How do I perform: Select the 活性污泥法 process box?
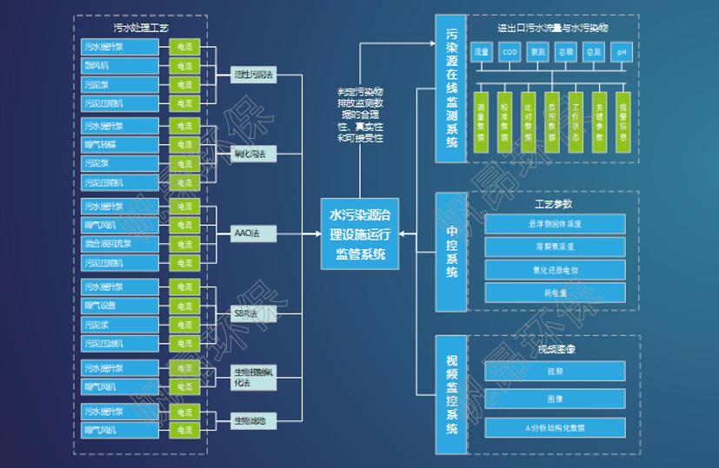[253, 76]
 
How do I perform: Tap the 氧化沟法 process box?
[253, 155]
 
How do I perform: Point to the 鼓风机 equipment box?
[120, 66]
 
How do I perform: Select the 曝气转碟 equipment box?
[120, 144]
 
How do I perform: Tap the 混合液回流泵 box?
[120, 244]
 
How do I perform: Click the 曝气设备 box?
[120, 306]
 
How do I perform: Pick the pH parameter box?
[621, 52]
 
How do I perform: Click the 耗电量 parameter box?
[555, 293]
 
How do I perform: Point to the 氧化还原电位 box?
[555, 269]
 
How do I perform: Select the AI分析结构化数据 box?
[555, 427]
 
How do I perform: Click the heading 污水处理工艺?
[140, 27]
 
